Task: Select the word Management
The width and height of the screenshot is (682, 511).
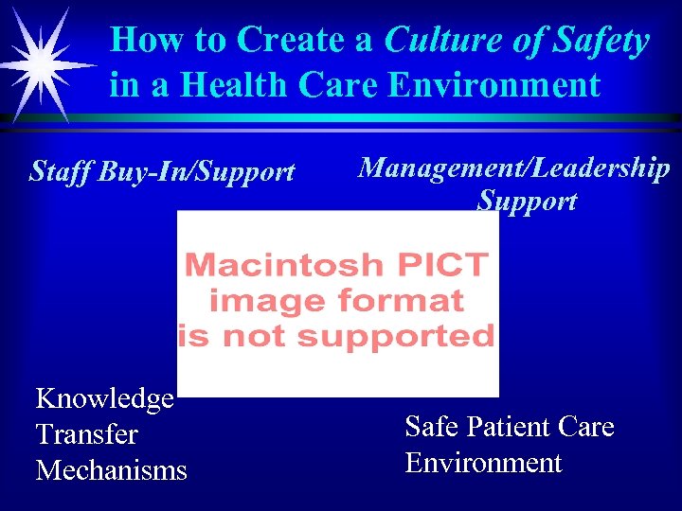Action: (x=442, y=167)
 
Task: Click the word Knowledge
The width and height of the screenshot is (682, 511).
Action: (x=104, y=399)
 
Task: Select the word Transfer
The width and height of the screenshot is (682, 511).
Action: (x=86, y=434)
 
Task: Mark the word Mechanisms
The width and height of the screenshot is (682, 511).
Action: (x=111, y=469)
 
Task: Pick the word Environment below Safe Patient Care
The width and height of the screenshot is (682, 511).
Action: (x=483, y=463)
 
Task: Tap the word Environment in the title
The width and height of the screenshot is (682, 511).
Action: (x=495, y=85)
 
